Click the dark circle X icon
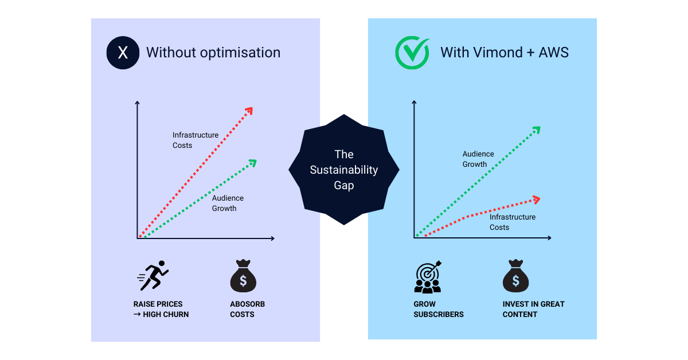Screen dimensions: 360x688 click(x=123, y=53)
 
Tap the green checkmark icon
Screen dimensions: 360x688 click(x=412, y=53)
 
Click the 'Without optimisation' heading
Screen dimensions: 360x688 click(x=213, y=53)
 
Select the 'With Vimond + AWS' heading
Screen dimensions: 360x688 click(x=505, y=53)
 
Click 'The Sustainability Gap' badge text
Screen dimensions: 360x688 click(x=344, y=170)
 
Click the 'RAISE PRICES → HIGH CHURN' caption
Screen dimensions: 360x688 click(x=161, y=309)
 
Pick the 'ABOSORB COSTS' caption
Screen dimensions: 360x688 click(x=248, y=309)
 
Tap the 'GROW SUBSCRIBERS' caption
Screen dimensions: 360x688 click(x=439, y=309)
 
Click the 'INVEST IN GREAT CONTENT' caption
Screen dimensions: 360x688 click(x=533, y=309)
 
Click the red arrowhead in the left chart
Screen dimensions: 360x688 click(x=248, y=111)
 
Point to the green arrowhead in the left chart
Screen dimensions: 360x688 click(x=252, y=163)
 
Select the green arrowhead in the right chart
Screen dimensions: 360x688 click(x=535, y=130)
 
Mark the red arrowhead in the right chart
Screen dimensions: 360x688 click(x=536, y=199)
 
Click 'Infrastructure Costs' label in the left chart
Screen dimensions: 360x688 click(x=196, y=140)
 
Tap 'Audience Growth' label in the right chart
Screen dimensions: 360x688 click(x=478, y=159)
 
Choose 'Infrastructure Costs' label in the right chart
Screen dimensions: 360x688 click(x=512, y=222)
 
